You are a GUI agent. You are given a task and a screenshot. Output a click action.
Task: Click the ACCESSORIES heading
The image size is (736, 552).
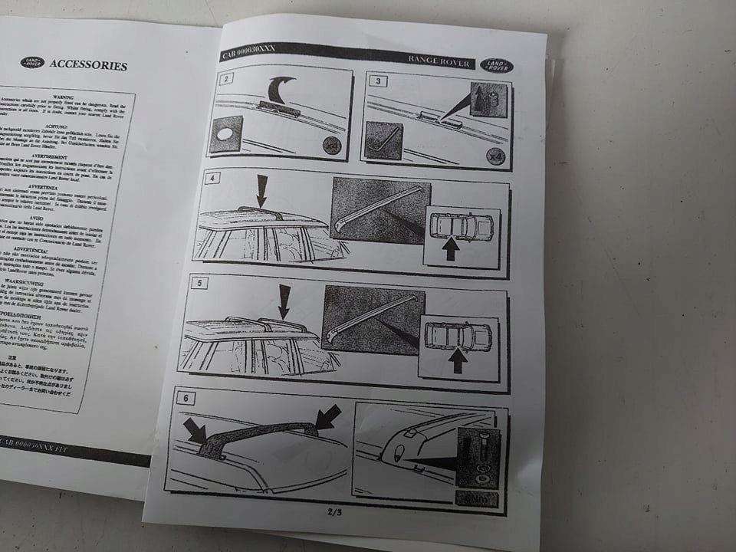coord(88,65)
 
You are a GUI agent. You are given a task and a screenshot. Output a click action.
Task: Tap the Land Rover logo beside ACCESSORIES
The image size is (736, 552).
coord(32,62)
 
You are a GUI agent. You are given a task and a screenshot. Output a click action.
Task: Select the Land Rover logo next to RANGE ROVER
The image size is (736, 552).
coord(496,66)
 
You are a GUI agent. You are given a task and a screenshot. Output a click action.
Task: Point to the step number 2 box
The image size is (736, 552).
coord(226,77)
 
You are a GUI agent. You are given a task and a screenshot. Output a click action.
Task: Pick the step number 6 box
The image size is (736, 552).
coord(186,398)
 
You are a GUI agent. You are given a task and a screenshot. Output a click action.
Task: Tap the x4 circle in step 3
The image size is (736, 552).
coord(497,156)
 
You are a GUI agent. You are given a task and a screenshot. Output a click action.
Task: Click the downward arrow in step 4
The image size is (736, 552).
coord(261,189)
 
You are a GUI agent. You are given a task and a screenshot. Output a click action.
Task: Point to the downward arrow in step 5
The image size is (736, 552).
coord(284,301)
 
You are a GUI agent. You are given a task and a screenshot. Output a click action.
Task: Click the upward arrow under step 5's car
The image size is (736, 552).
coord(458,360)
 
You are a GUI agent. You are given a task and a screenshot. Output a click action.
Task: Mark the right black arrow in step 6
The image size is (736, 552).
coord(328,416)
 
